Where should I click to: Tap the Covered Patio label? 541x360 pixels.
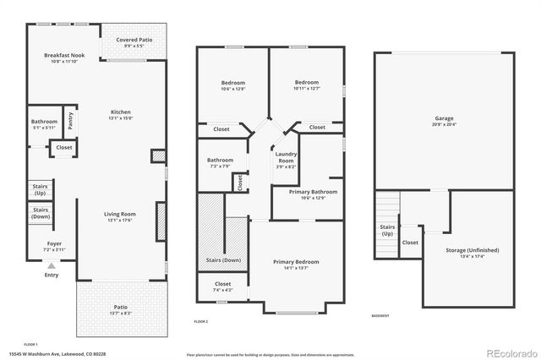tap(128, 40)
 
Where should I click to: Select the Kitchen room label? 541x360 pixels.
tap(121, 112)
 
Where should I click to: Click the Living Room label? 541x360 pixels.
tap(120, 214)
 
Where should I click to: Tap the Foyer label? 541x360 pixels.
tap(55, 243)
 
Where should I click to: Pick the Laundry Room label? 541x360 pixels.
tap(286, 156)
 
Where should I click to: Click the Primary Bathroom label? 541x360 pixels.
tap(313, 192)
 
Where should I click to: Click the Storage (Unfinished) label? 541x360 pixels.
tap(472, 250)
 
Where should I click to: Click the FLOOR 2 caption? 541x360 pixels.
tap(200, 321)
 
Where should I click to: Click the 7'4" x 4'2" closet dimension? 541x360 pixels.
tap(222, 291)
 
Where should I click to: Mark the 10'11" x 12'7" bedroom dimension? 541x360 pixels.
tap(305, 89)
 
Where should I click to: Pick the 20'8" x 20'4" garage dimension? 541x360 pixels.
tap(443, 124)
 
